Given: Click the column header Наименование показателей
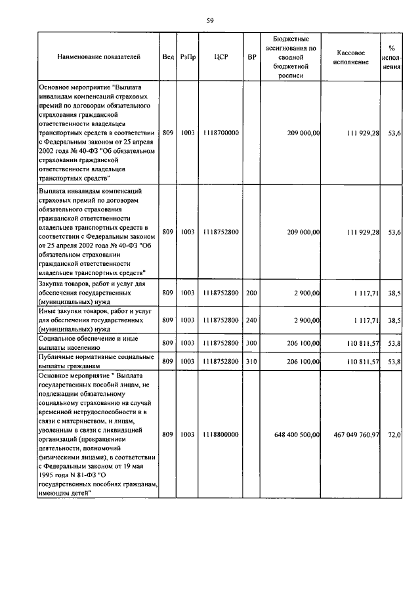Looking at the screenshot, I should pyautogui.click(x=98, y=57).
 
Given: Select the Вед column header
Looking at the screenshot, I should pyautogui.click(x=168, y=57).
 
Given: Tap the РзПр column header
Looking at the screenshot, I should pyautogui.click(x=188, y=57).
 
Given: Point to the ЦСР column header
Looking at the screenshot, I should pyautogui.click(x=220, y=57).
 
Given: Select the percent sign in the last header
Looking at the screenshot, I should pyautogui.click(x=392, y=48).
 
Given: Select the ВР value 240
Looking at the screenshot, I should pyautogui.click(x=251, y=320).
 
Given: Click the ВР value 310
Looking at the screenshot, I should pyautogui.click(x=251, y=361).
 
